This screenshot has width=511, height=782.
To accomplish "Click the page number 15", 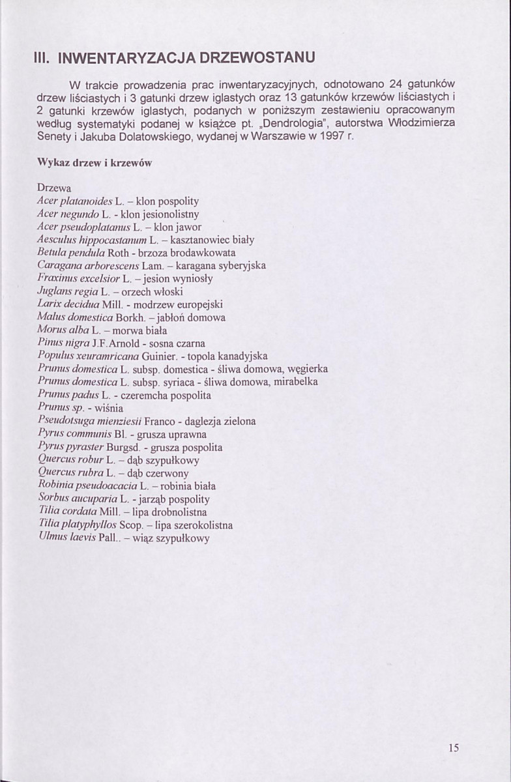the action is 454,748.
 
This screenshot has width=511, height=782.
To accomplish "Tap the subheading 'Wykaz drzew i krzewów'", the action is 94,164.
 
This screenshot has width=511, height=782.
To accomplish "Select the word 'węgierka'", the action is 307,369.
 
